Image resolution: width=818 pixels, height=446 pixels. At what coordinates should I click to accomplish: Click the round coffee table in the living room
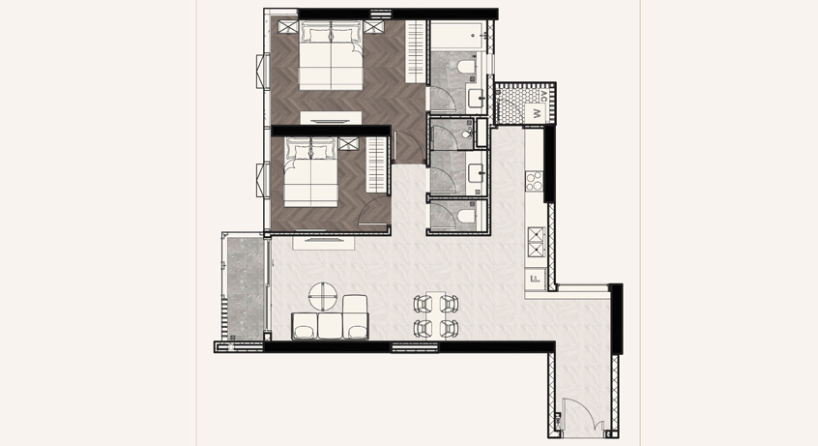coord(323,297)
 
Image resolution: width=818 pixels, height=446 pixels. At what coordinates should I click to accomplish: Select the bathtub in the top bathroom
coord(458,36)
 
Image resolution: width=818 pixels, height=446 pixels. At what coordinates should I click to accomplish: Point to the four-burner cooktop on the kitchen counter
coord(534,181)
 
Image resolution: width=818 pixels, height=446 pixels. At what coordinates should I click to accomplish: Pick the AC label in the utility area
coord(543,96)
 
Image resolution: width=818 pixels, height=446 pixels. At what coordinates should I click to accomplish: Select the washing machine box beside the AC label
coord(536,112)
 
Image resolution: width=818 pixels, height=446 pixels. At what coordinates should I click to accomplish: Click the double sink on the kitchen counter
coord(536,242)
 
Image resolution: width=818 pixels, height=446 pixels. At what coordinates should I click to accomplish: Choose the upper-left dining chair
coord(424,303)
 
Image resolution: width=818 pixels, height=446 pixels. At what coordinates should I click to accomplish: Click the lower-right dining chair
coord(449,329)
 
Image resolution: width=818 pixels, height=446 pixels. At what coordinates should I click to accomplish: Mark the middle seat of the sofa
coord(330,326)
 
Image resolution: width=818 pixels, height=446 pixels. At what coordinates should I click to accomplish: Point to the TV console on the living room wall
coord(324,242)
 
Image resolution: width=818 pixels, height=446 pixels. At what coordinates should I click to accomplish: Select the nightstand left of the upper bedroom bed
coord(287,27)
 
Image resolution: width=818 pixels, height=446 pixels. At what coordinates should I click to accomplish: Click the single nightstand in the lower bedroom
coord(348,143)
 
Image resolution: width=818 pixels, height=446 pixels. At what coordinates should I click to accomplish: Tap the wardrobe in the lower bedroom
coord(377,164)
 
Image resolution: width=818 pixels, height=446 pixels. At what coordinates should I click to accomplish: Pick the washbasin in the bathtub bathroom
coord(476,98)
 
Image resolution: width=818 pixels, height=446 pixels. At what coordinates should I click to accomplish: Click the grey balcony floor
coord(246,289)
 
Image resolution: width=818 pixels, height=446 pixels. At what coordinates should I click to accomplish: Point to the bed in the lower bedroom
coord(311,172)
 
